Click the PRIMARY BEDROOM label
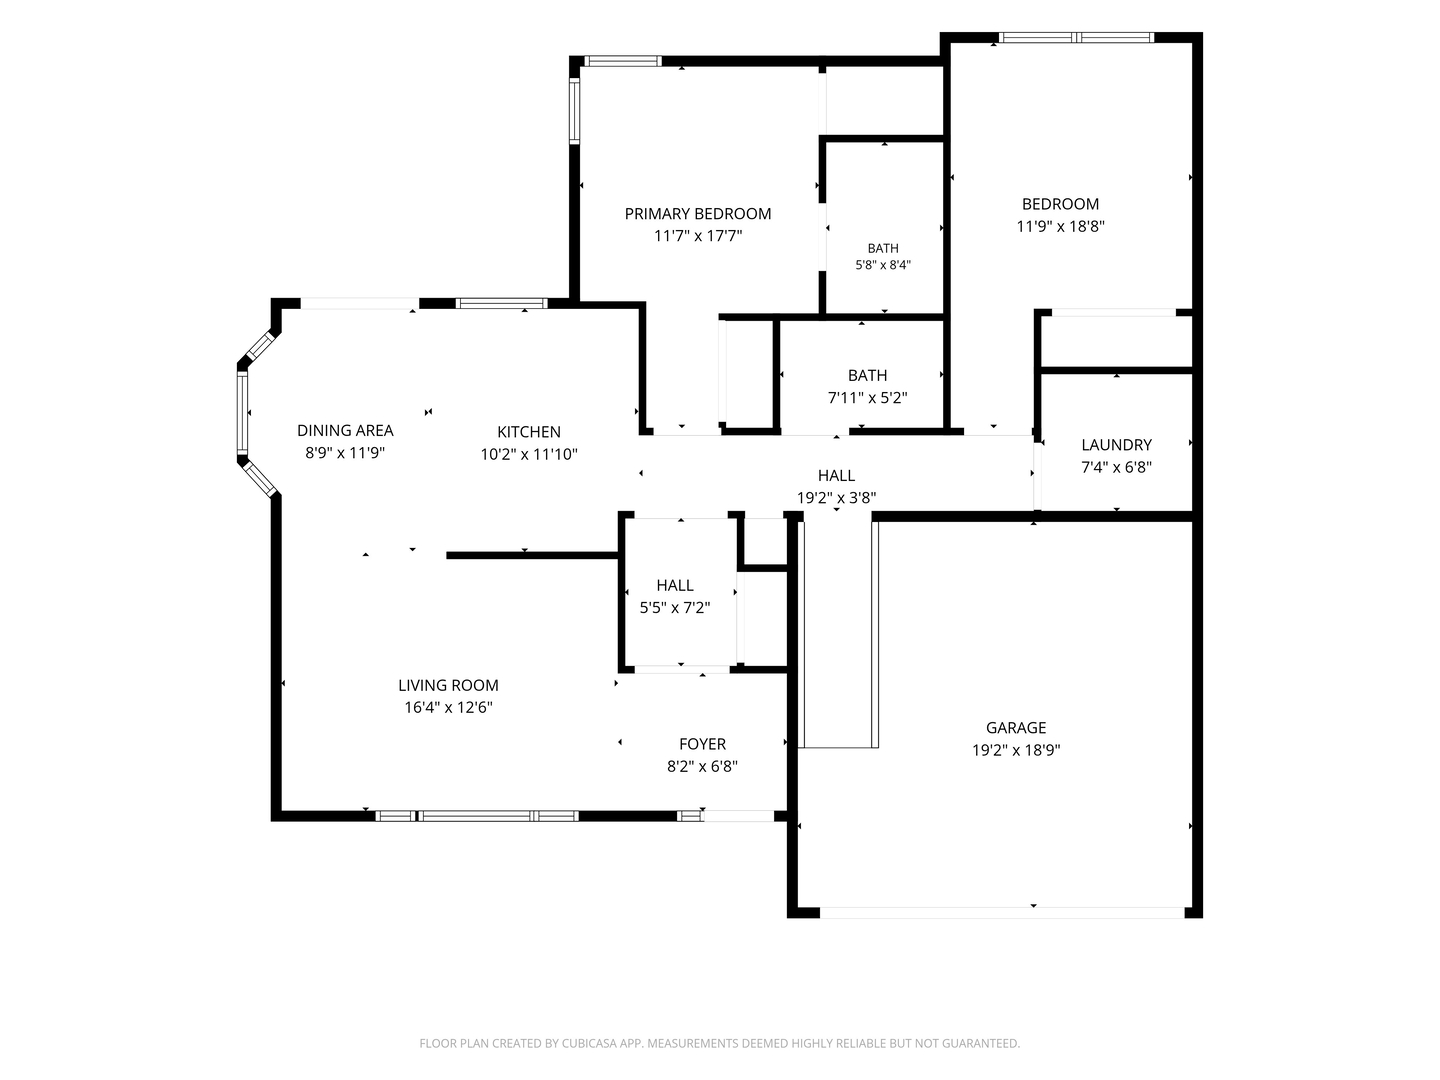tap(697, 214)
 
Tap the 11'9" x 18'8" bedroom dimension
tap(1060, 226)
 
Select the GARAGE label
tap(1016, 727)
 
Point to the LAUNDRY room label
tap(1116, 445)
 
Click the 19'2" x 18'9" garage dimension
tap(1016, 750)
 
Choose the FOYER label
tap(702, 744)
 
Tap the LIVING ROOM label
tap(448, 685)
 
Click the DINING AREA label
tap(345, 430)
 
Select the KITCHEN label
tap(529, 431)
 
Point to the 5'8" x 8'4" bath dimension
tap(883, 265)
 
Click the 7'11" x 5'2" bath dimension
tap(867, 397)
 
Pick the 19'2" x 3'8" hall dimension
tap(836, 498)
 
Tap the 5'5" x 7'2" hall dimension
tap(674, 607)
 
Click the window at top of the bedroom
tap(1076, 37)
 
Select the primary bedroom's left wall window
tap(574, 110)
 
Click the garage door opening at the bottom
tap(1002, 912)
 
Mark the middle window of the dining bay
tap(242, 412)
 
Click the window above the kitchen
tap(502, 303)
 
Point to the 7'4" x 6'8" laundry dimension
tap(1116, 467)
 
